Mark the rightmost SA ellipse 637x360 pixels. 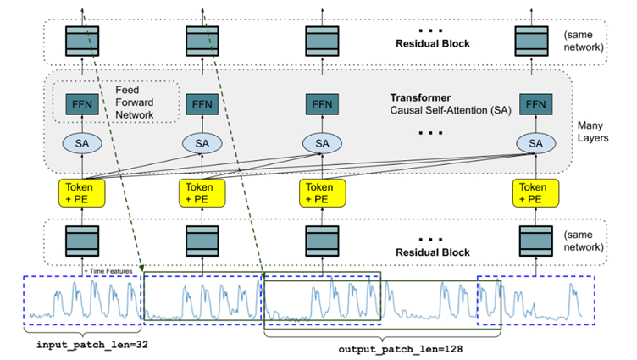(535, 143)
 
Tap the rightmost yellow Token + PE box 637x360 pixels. (535, 191)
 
